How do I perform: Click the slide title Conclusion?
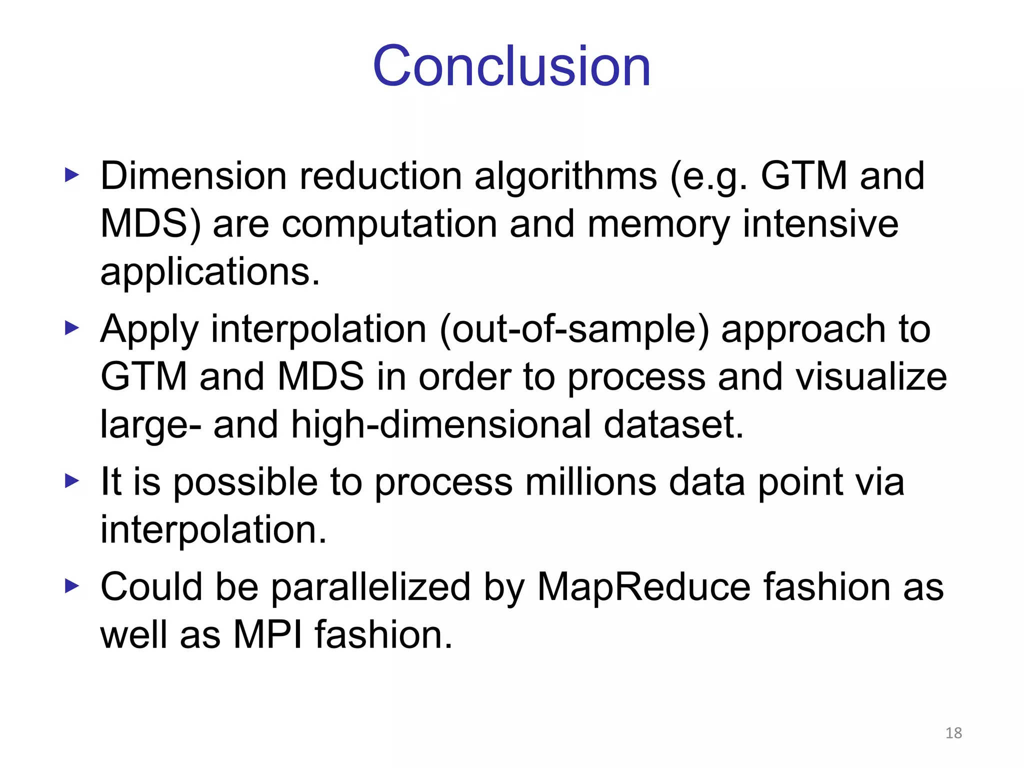coord(511,66)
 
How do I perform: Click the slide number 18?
coord(953,733)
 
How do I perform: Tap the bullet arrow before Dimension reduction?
coord(72,175)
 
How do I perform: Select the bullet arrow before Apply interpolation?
coord(72,328)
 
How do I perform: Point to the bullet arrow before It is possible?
coord(72,481)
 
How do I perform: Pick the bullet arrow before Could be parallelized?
coord(72,586)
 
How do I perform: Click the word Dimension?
coord(193,176)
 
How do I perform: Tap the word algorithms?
coord(565,176)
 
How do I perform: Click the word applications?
coord(209,272)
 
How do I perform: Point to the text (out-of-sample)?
coord(573,329)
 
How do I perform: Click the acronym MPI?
coord(268,634)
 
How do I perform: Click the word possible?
coord(245,482)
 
